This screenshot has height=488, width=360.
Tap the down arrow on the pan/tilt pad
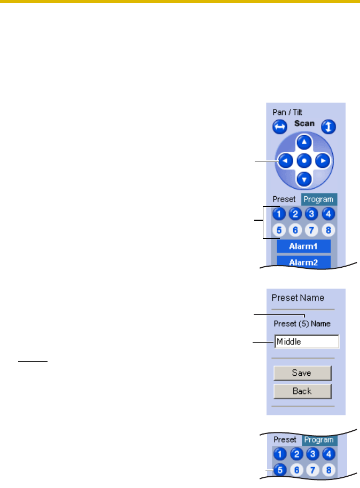[x=304, y=178]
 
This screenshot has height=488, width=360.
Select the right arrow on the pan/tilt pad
[x=322, y=160]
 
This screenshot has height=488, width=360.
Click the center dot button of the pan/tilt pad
[x=304, y=160]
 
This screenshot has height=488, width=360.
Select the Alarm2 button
[x=303, y=261]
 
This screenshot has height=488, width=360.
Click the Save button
[x=302, y=373]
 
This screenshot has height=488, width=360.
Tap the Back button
[x=302, y=391]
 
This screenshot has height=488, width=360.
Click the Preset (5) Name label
[x=302, y=323]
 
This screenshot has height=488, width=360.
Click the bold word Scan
[x=304, y=123]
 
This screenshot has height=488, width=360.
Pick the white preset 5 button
[x=278, y=230]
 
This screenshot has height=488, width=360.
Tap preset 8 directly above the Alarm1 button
[x=329, y=230]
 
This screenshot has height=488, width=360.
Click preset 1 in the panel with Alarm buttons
[x=278, y=214]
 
